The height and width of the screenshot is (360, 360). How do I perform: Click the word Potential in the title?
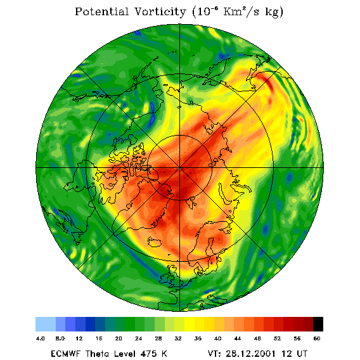click(x=101, y=11)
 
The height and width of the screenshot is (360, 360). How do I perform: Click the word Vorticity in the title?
click(x=160, y=11)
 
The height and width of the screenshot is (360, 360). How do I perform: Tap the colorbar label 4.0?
click(x=40, y=338)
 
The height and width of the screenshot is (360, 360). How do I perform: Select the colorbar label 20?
click(x=119, y=338)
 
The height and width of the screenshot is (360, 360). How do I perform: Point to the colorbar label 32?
click(x=178, y=338)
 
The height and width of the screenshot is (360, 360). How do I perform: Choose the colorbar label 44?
click(x=238, y=338)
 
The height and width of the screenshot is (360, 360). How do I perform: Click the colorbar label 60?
click(x=317, y=338)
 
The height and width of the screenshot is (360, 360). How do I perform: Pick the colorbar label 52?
click(x=277, y=338)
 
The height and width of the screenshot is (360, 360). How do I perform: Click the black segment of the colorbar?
click(x=318, y=324)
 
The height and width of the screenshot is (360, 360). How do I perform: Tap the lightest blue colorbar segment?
click(x=46, y=324)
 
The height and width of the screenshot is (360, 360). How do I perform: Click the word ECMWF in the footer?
click(x=66, y=354)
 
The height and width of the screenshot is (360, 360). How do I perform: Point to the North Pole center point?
click(x=180, y=169)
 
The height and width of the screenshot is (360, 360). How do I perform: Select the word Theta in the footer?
click(x=98, y=354)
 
